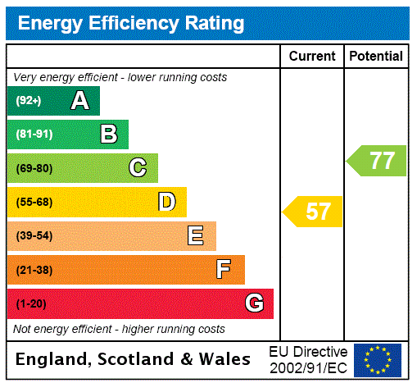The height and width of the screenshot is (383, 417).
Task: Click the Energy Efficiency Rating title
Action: [131, 24]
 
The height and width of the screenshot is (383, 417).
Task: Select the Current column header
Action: [312, 57]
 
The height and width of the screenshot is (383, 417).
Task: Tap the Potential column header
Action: [376, 57]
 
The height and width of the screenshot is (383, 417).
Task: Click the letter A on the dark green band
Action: [79, 101]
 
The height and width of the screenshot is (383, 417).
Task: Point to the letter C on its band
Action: [138, 168]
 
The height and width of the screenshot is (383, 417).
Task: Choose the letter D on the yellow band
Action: [166, 202]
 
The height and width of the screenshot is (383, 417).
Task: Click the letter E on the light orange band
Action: [196, 236]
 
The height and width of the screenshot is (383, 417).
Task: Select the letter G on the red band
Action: [254, 303]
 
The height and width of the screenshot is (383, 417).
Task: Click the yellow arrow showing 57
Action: [314, 212]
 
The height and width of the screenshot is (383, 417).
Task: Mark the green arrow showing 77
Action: [378, 160]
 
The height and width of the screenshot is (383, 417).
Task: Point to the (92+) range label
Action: [29, 101]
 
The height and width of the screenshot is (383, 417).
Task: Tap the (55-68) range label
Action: [34, 202]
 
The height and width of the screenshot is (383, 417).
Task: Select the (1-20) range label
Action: [31, 303]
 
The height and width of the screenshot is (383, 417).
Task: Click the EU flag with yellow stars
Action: [378, 360]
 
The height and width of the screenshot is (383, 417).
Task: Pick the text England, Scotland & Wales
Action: [134, 359]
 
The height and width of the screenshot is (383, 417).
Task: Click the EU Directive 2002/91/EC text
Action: [308, 359]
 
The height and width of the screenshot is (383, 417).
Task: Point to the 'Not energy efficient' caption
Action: [119, 329]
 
